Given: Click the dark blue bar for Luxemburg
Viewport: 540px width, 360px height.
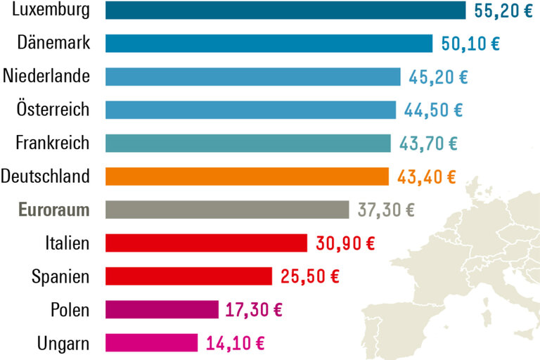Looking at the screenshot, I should point(285,10).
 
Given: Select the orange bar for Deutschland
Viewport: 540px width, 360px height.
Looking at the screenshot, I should point(247,176).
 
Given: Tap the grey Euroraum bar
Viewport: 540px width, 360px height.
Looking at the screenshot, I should point(227,210).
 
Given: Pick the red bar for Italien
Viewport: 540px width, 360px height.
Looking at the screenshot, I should point(206,243).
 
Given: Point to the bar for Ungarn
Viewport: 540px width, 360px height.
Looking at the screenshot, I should point(152,342).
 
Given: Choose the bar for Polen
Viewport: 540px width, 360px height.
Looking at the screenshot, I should point(162,309).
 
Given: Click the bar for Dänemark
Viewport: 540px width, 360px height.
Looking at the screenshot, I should point(269,43).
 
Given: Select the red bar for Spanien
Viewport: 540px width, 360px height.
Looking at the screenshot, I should point(188,276).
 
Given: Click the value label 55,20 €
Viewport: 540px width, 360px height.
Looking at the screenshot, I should point(501,11).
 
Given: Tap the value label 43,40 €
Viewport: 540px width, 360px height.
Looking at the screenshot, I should point(426,176).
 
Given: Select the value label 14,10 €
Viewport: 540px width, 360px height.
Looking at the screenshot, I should point(235,343).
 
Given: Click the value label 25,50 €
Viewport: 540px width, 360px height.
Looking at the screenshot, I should point(309,276).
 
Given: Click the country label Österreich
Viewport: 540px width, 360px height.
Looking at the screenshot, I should point(53,110).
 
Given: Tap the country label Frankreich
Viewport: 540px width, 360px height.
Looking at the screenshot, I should point(53,143).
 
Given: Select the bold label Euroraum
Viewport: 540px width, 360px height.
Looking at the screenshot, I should point(54,210).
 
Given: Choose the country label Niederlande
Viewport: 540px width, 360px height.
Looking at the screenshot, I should point(46,76).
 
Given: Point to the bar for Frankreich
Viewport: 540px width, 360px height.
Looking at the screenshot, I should point(247,143).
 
